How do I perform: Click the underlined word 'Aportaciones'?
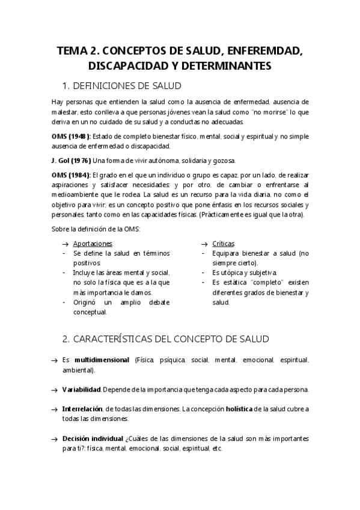coord(93,244)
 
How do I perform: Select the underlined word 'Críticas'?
coord(223,244)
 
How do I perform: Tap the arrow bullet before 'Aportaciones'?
coord(66,244)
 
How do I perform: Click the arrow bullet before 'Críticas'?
coord(205,244)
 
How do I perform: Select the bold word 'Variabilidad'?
coord(82,389)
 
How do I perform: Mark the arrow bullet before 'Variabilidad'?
coord(54,390)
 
